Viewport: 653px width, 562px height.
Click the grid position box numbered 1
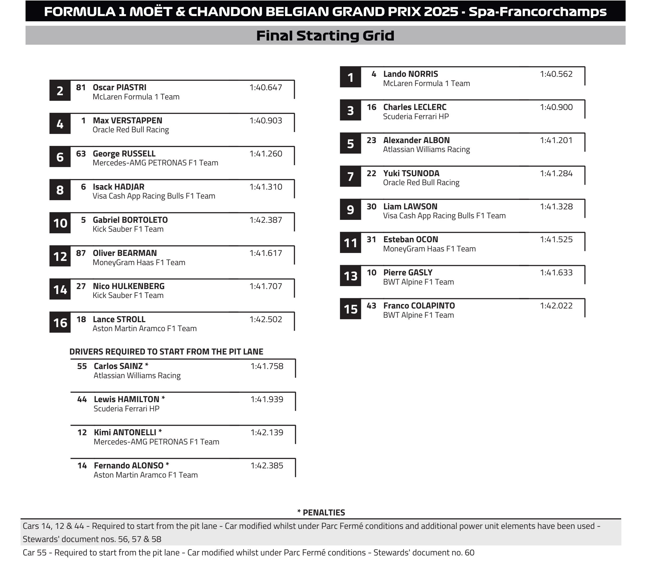point(350,78)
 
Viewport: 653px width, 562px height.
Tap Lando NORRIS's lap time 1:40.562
point(556,74)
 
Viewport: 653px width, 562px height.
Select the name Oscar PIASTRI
point(120,87)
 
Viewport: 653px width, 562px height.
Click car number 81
point(81,87)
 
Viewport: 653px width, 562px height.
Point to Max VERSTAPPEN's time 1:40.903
point(265,121)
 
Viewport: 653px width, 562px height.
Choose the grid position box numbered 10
point(60,223)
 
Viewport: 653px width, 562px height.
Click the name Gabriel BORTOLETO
point(130,220)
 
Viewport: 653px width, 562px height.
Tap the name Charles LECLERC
point(414,107)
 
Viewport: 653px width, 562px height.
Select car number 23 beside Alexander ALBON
point(371,140)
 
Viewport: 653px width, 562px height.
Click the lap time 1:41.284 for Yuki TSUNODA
point(556,174)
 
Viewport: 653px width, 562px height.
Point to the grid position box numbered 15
point(350,309)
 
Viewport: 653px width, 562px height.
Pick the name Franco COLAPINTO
point(419,306)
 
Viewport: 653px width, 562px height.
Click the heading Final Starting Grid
point(325,36)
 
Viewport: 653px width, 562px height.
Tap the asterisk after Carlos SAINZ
point(147,365)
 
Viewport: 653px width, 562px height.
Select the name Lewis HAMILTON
point(126,399)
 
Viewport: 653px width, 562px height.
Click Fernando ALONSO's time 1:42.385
point(267,465)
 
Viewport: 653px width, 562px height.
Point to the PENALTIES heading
point(321,513)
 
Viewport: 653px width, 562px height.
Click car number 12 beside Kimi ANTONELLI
point(82,432)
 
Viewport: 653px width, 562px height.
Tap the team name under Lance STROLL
point(144,328)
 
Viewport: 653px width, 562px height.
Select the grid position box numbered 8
point(60,190)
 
